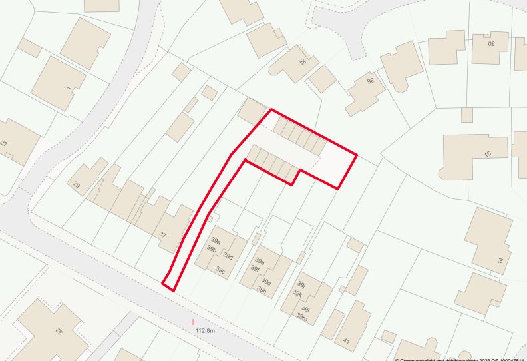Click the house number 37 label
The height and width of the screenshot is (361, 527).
[x=162, y=234]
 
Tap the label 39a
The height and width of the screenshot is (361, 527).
[x=216, y=240]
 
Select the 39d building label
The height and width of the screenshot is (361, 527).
[x=228, y=256]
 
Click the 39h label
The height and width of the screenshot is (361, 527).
[x=262, y=290]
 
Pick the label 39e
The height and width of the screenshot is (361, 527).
[x=260, y=262]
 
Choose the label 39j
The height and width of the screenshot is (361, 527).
[x=301, y=284]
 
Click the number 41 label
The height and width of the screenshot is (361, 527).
[x=346, y=341]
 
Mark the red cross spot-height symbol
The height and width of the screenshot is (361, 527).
[x=193, y=321]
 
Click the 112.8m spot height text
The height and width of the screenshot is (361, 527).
[x=206, y=330]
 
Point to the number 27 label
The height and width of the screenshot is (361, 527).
[x=4, y=143]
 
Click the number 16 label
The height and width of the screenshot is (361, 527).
[x=487, y=154]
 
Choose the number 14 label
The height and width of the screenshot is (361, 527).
[x=500, y=260]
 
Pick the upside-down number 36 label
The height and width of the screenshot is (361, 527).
[x=371, y=81]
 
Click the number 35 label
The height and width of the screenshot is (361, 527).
[x=302, y=61]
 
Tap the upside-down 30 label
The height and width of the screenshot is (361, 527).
[x=492, y=44]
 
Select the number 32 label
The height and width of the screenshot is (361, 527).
[x=59, y=331]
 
